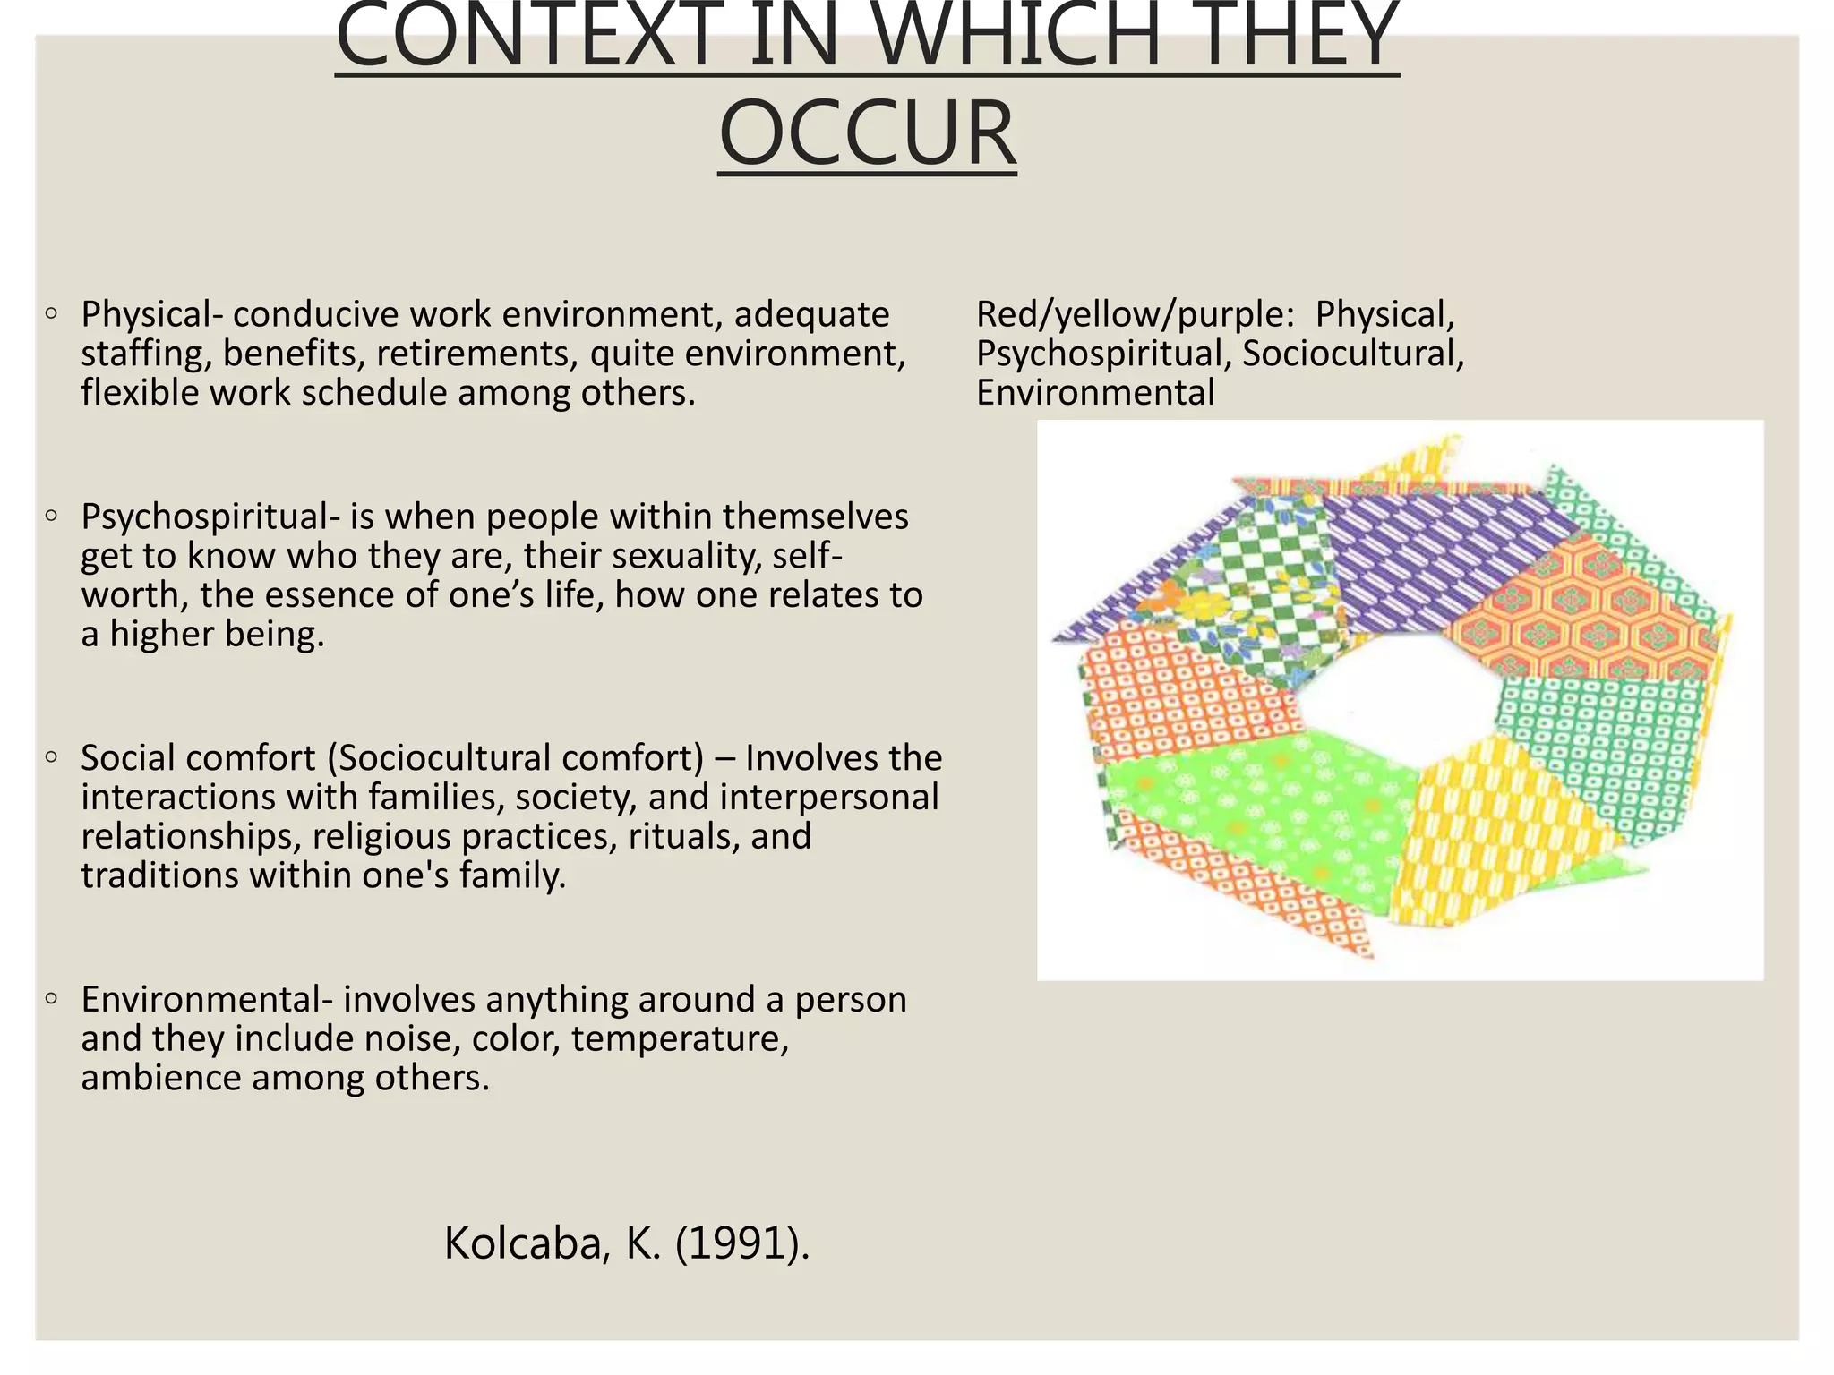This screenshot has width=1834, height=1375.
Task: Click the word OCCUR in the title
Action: point(867,134)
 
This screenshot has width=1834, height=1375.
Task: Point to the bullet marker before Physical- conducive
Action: point(52,313)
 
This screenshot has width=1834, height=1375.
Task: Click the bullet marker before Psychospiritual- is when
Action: point(52,516)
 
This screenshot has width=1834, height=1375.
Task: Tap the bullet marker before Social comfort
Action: point(52,757)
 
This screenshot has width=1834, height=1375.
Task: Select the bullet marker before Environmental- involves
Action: point(52,998)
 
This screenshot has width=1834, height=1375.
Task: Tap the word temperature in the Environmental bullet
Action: point(681,1038)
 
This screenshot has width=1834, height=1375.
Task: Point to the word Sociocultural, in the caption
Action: point(1353,354)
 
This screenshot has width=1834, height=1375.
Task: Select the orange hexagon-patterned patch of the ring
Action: point(1585,618)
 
